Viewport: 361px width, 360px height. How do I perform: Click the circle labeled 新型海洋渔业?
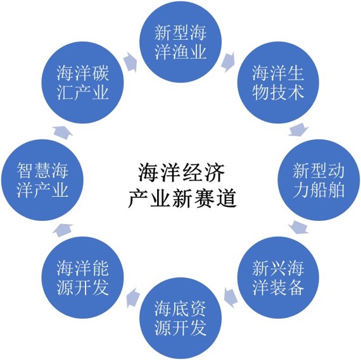(x=180, y=42)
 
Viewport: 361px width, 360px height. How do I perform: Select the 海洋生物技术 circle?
(x=278, y=82)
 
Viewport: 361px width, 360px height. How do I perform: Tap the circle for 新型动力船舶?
(x=319, y=180)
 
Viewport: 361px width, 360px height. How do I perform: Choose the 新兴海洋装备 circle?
(x=278, y=278)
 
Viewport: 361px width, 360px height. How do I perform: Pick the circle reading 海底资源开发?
(x=180, y=318)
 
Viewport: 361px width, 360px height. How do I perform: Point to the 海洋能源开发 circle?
(x=83, y=278)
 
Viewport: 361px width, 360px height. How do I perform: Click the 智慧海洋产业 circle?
(x=42, y=180)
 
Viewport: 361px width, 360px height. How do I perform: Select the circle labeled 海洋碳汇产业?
(x=83, y=82)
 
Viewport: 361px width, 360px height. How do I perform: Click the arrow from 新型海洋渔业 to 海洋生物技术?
(x=228, y=62)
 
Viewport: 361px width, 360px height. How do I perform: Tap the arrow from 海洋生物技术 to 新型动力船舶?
(x=298, y=130)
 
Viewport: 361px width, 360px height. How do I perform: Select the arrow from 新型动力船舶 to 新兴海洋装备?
(x=298, y=228)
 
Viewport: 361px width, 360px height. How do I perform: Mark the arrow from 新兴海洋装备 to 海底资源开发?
(x=231, y=298)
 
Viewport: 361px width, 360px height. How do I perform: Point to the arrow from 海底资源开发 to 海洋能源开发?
(x=133, y=298)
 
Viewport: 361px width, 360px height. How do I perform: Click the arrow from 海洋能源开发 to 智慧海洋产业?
(x=63, y=230)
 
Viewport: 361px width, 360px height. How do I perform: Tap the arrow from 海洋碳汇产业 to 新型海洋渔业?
(x=130, y=62)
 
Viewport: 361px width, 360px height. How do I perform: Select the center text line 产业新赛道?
(x=182, y=199)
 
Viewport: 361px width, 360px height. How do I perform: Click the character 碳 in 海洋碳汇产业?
(x=100, y=73)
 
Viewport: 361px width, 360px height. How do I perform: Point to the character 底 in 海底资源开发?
(x=180, y=309)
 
